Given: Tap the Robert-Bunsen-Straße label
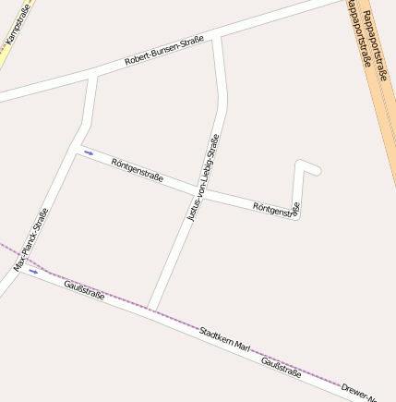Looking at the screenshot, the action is point(163,52).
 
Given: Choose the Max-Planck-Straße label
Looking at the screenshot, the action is point(30,239).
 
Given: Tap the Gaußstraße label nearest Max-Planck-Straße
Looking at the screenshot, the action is point(84,290).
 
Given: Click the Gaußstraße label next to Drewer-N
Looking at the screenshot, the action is point(282,367).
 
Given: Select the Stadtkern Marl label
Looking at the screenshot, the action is point(224,338).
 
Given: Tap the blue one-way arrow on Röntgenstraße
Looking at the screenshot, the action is point(89,152).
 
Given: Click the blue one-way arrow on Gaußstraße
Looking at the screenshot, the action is point(34,272).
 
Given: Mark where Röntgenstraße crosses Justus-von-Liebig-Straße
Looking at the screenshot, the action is point(198,190).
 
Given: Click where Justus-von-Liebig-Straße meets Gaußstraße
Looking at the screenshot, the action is point(151,310).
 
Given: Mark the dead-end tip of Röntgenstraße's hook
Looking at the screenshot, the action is point(318,170).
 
